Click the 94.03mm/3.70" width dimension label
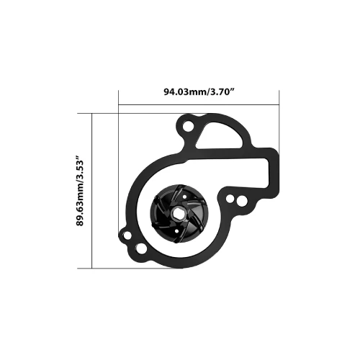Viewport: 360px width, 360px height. pos(197,91)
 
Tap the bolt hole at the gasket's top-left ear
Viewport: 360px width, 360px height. pos(189,128)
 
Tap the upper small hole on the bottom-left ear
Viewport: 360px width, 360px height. pos(126,233)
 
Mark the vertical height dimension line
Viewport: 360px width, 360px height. pos(94,191)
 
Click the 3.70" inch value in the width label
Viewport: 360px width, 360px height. pos(218,91)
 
